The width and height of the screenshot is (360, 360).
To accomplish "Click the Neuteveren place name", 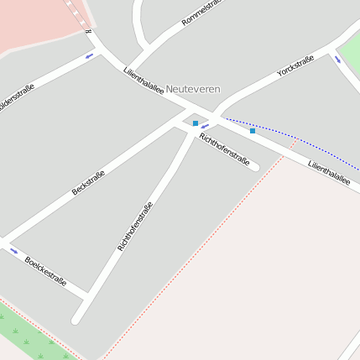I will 192,88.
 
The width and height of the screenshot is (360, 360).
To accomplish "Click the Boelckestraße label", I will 45,271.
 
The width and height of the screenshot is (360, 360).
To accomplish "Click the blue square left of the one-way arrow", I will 196,123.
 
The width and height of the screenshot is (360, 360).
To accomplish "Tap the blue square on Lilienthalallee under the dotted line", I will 252,131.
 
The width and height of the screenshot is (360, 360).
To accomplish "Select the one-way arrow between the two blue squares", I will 205,126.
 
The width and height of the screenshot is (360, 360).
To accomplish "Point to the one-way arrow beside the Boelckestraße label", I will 13,250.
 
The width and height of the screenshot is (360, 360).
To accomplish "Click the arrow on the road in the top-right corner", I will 338,60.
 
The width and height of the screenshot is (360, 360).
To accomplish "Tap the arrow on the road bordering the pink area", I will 89,56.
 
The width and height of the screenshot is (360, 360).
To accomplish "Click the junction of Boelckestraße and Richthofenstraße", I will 88,295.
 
